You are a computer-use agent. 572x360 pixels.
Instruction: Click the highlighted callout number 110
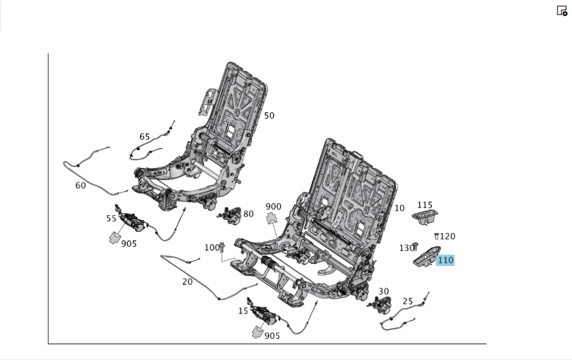point(445,260)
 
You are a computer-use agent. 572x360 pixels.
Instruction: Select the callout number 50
point(269,116)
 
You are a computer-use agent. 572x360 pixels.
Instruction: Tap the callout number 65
point(145,137)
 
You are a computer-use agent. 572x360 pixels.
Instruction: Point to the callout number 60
point(81,185)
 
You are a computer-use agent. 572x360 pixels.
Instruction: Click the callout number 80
point(248,214)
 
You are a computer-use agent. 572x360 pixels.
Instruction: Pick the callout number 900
point(273,207)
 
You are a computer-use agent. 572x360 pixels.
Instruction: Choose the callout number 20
point(188,282)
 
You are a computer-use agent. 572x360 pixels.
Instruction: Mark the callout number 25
point(408,301)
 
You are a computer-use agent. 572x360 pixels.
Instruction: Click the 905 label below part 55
point(129,243)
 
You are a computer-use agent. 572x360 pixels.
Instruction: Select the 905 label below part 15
point(272,336)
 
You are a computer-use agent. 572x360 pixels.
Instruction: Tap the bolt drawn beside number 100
point(223,247)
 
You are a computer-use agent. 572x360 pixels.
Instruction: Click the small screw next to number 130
point(416,247)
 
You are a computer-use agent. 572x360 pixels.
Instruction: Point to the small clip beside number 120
point(437,236)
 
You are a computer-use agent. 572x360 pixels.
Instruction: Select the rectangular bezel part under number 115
point(423,216)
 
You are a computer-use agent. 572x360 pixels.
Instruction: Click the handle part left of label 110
point(425,256)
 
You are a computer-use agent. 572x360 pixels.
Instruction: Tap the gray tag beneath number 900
point(272,217)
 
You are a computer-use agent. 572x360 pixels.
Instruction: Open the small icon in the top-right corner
point(562,10)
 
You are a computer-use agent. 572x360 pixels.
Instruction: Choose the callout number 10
point(399,208)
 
